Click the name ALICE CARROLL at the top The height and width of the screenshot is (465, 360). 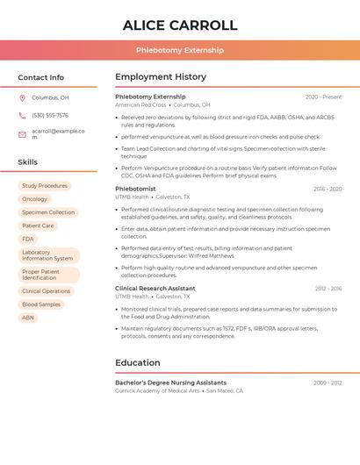point(180,25)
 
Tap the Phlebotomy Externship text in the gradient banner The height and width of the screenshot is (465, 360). point(180,50)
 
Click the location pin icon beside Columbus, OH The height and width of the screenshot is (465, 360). point(22,97)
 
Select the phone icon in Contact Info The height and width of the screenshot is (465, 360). point(22,115)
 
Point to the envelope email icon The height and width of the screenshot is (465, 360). point(22,134)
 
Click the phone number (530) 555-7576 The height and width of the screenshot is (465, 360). point(50,115)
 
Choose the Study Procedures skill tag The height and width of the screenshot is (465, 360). point(45,186)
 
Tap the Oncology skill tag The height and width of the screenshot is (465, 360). point(34,199)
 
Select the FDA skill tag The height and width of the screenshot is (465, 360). point(28,239)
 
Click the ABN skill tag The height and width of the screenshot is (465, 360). point(28,318)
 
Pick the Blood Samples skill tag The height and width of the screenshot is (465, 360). point(41,304)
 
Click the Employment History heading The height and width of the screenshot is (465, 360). point(161,77)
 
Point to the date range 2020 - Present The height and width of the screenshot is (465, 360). point(323,97)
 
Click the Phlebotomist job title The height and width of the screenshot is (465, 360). point(135,189)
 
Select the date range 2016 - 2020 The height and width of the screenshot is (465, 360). point(328,190)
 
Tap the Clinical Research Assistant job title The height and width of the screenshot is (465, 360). point(155,289)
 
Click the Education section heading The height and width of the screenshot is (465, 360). point(138,362)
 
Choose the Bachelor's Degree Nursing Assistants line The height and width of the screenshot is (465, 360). point(170,383)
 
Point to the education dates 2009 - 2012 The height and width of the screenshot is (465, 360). point(328,383)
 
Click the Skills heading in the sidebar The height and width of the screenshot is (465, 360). point(28,162)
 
